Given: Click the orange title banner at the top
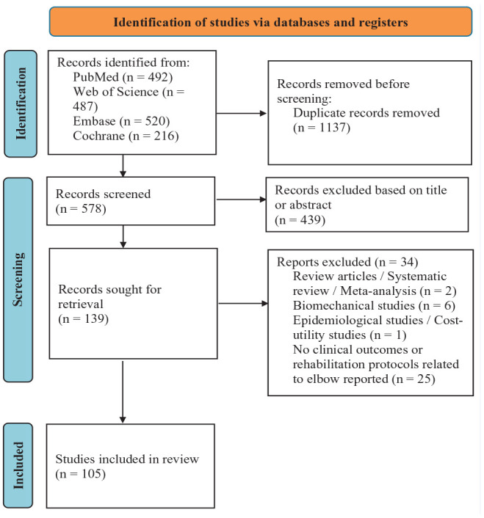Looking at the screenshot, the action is (261, 22).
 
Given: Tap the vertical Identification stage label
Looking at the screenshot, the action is (21, 103).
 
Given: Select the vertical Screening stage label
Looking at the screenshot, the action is (18, 280).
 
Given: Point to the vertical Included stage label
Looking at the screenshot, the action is (18, 465).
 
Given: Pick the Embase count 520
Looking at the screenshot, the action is (156, 121).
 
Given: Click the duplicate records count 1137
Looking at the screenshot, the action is (332, 127).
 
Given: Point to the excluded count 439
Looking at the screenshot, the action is (311, 219).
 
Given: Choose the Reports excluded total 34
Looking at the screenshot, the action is (408, 262).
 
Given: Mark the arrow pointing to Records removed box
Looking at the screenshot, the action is (242, 113).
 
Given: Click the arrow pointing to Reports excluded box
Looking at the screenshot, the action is (243, 303).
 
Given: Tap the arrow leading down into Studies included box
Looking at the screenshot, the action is (123, 392).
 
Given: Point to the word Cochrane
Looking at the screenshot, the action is (99, 136).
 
